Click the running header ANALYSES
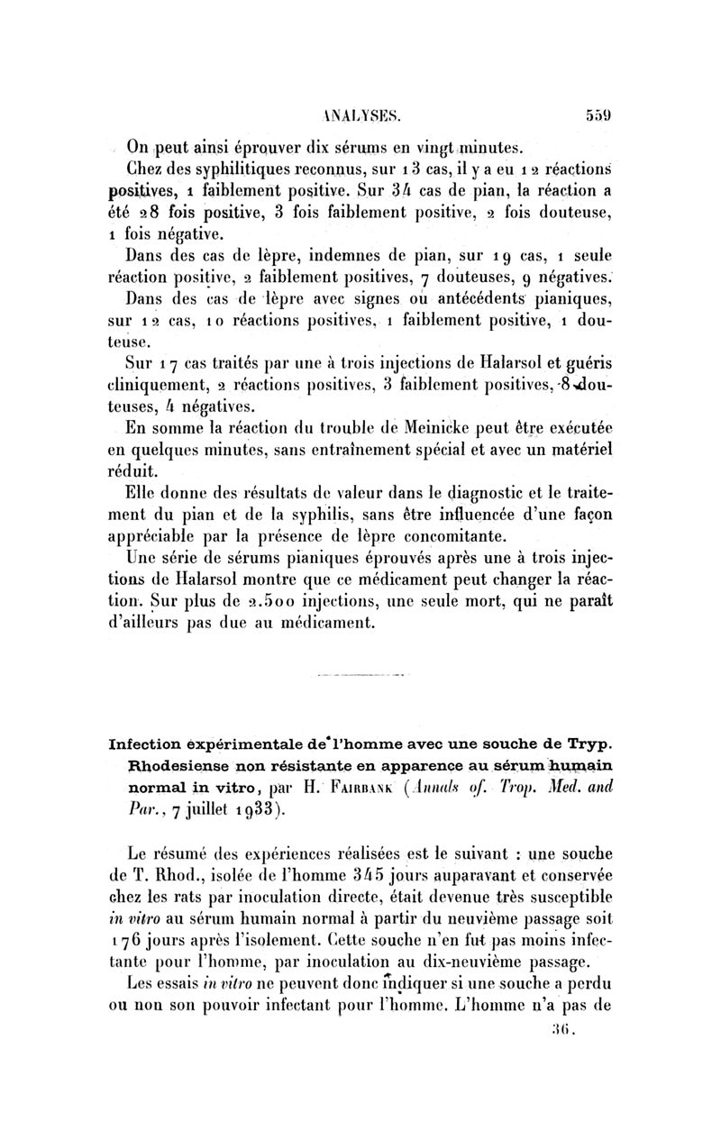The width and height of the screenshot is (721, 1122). (360, 115)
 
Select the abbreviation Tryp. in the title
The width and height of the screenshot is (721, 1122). (591, 743)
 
